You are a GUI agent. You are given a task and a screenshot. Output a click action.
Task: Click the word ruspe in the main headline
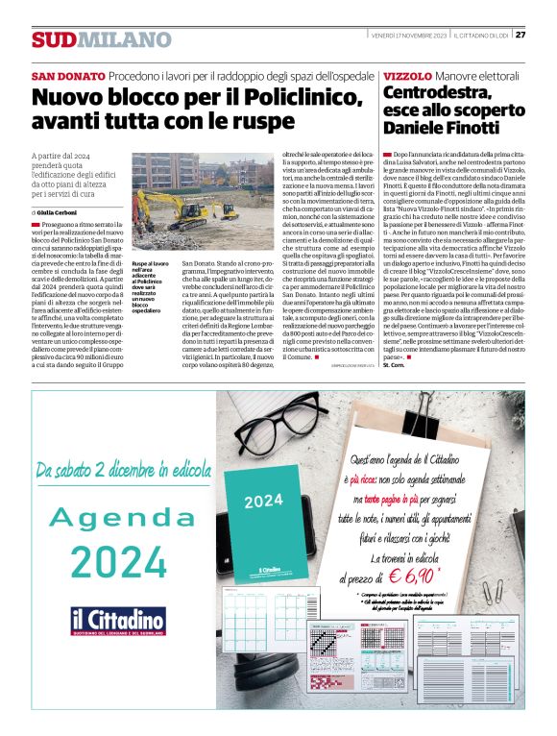coord(242,122)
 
